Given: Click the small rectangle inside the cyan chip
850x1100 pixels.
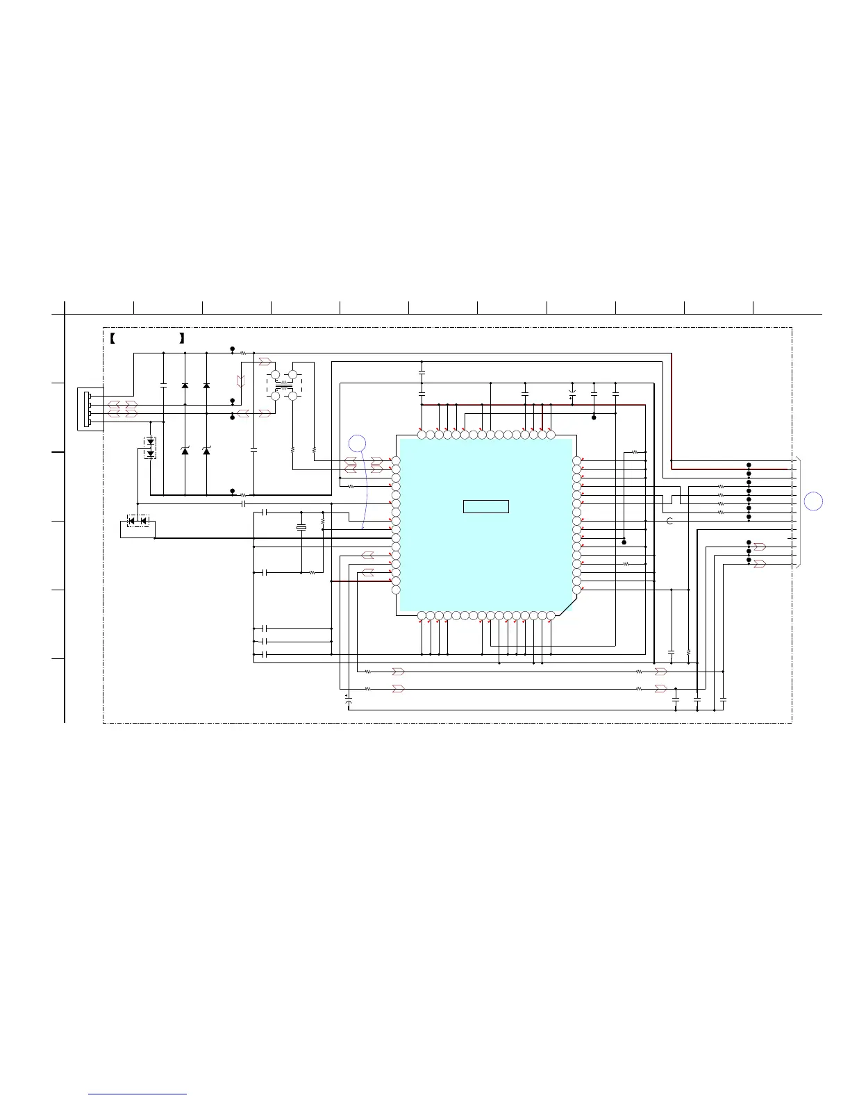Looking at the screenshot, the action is click(x=485, y=506).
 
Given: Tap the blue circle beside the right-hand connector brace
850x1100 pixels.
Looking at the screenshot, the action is click(x=815, y=500).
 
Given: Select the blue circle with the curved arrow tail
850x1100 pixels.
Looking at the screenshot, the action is click(x=357, y=444).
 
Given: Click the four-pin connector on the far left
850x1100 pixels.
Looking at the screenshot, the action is click(x=87, y=410).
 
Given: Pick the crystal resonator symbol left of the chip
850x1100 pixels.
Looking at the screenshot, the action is click(x=301, y=528).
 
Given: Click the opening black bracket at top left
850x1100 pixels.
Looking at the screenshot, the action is click(x=112, y=339).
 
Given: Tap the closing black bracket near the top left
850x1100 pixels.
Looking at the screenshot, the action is click(x=181, y=339).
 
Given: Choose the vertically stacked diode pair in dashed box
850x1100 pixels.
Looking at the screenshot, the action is click(x=150, y=448).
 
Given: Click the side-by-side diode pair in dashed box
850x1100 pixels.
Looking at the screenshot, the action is click(x=138, y=521).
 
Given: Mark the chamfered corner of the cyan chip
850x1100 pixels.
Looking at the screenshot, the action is click(x=566, y=606).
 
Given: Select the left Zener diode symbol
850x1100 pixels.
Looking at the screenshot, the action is click(x=185, y=451).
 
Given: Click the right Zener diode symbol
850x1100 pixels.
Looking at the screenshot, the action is click(x=206, y=451).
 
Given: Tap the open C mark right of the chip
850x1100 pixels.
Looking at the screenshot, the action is click(x=669, y=521).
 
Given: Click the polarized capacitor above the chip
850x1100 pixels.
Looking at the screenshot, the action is click(x=572, y=394).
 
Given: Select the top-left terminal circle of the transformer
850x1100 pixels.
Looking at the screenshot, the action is click(x=275, y=375).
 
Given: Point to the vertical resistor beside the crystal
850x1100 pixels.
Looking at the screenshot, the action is click(x=324, y=520).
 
